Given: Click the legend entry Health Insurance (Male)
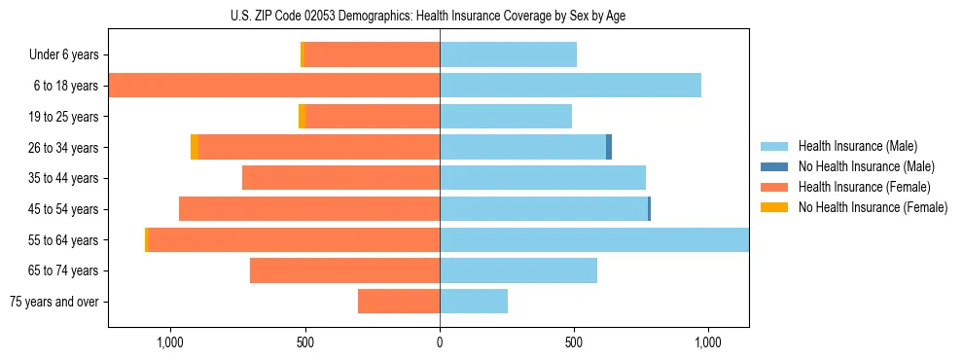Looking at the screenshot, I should (856, 146).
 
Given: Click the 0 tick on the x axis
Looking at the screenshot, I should (440, 342).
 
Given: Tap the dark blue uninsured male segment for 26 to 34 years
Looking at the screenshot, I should (609, 147).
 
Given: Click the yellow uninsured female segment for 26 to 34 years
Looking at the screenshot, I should (195, 147).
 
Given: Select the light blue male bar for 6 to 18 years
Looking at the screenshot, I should (570, 86).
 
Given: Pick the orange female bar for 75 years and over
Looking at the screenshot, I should (399, 302).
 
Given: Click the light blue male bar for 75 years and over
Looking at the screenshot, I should (474, 302).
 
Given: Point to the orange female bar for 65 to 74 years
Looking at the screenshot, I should (344, 270).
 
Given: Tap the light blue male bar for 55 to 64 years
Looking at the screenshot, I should (593, 239).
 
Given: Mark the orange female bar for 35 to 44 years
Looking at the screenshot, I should (340, 178).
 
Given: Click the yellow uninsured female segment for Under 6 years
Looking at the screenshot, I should (303, 54).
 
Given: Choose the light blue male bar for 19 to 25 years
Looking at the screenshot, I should (506, 117).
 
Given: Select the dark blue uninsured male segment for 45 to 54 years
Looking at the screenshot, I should (649, 209).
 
